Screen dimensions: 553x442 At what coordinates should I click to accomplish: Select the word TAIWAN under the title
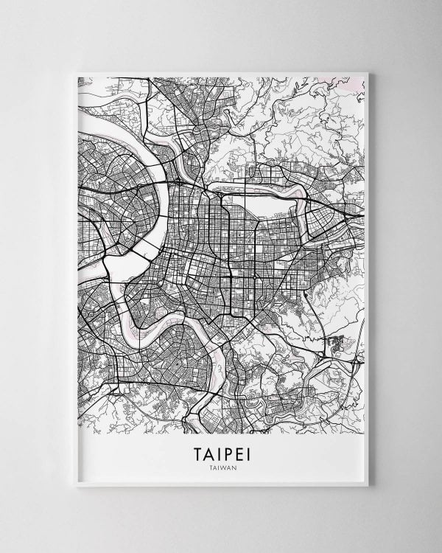click(221, 466)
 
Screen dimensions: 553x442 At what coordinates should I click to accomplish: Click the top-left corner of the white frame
click(73, 72)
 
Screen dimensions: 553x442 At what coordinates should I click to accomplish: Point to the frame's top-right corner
click(369, 72)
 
